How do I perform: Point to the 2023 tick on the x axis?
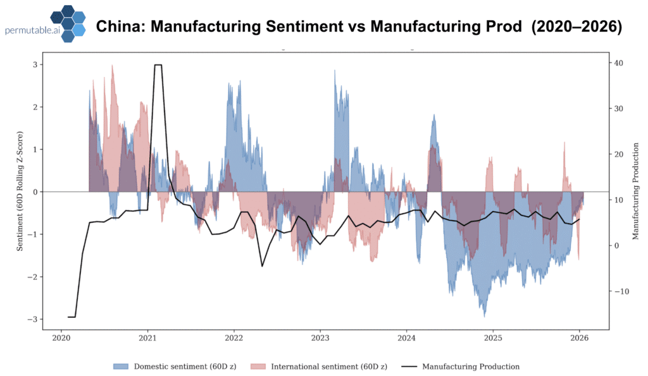click(320, 338)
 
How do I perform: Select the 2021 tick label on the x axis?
click(147, 338)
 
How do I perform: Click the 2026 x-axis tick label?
click(579, 338)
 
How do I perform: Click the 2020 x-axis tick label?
click(61, 338)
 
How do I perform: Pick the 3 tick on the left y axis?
click(35, 64)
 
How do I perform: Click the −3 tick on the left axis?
click(33, 319)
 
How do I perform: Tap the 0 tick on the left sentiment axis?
click(35, 191)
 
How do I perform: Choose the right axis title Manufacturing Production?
click(635, 192)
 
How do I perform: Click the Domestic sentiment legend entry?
click(175, 367)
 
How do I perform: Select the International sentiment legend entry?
click(320, 367)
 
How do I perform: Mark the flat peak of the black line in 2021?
click(158, 65)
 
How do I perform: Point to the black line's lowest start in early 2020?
click(72, 317)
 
